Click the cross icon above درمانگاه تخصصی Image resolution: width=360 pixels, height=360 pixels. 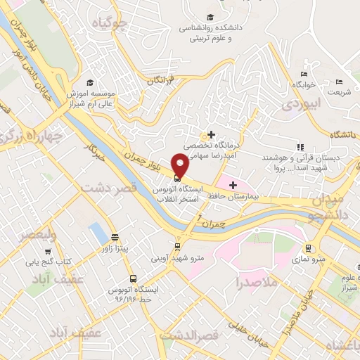[210, 134]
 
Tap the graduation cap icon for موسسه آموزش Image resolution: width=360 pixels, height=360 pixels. [90, 82]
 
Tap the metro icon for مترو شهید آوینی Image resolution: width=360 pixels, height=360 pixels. [177, 247]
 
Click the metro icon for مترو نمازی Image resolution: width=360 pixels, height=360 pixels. [307, 248]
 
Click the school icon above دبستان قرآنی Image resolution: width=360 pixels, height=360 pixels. [300, 148]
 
